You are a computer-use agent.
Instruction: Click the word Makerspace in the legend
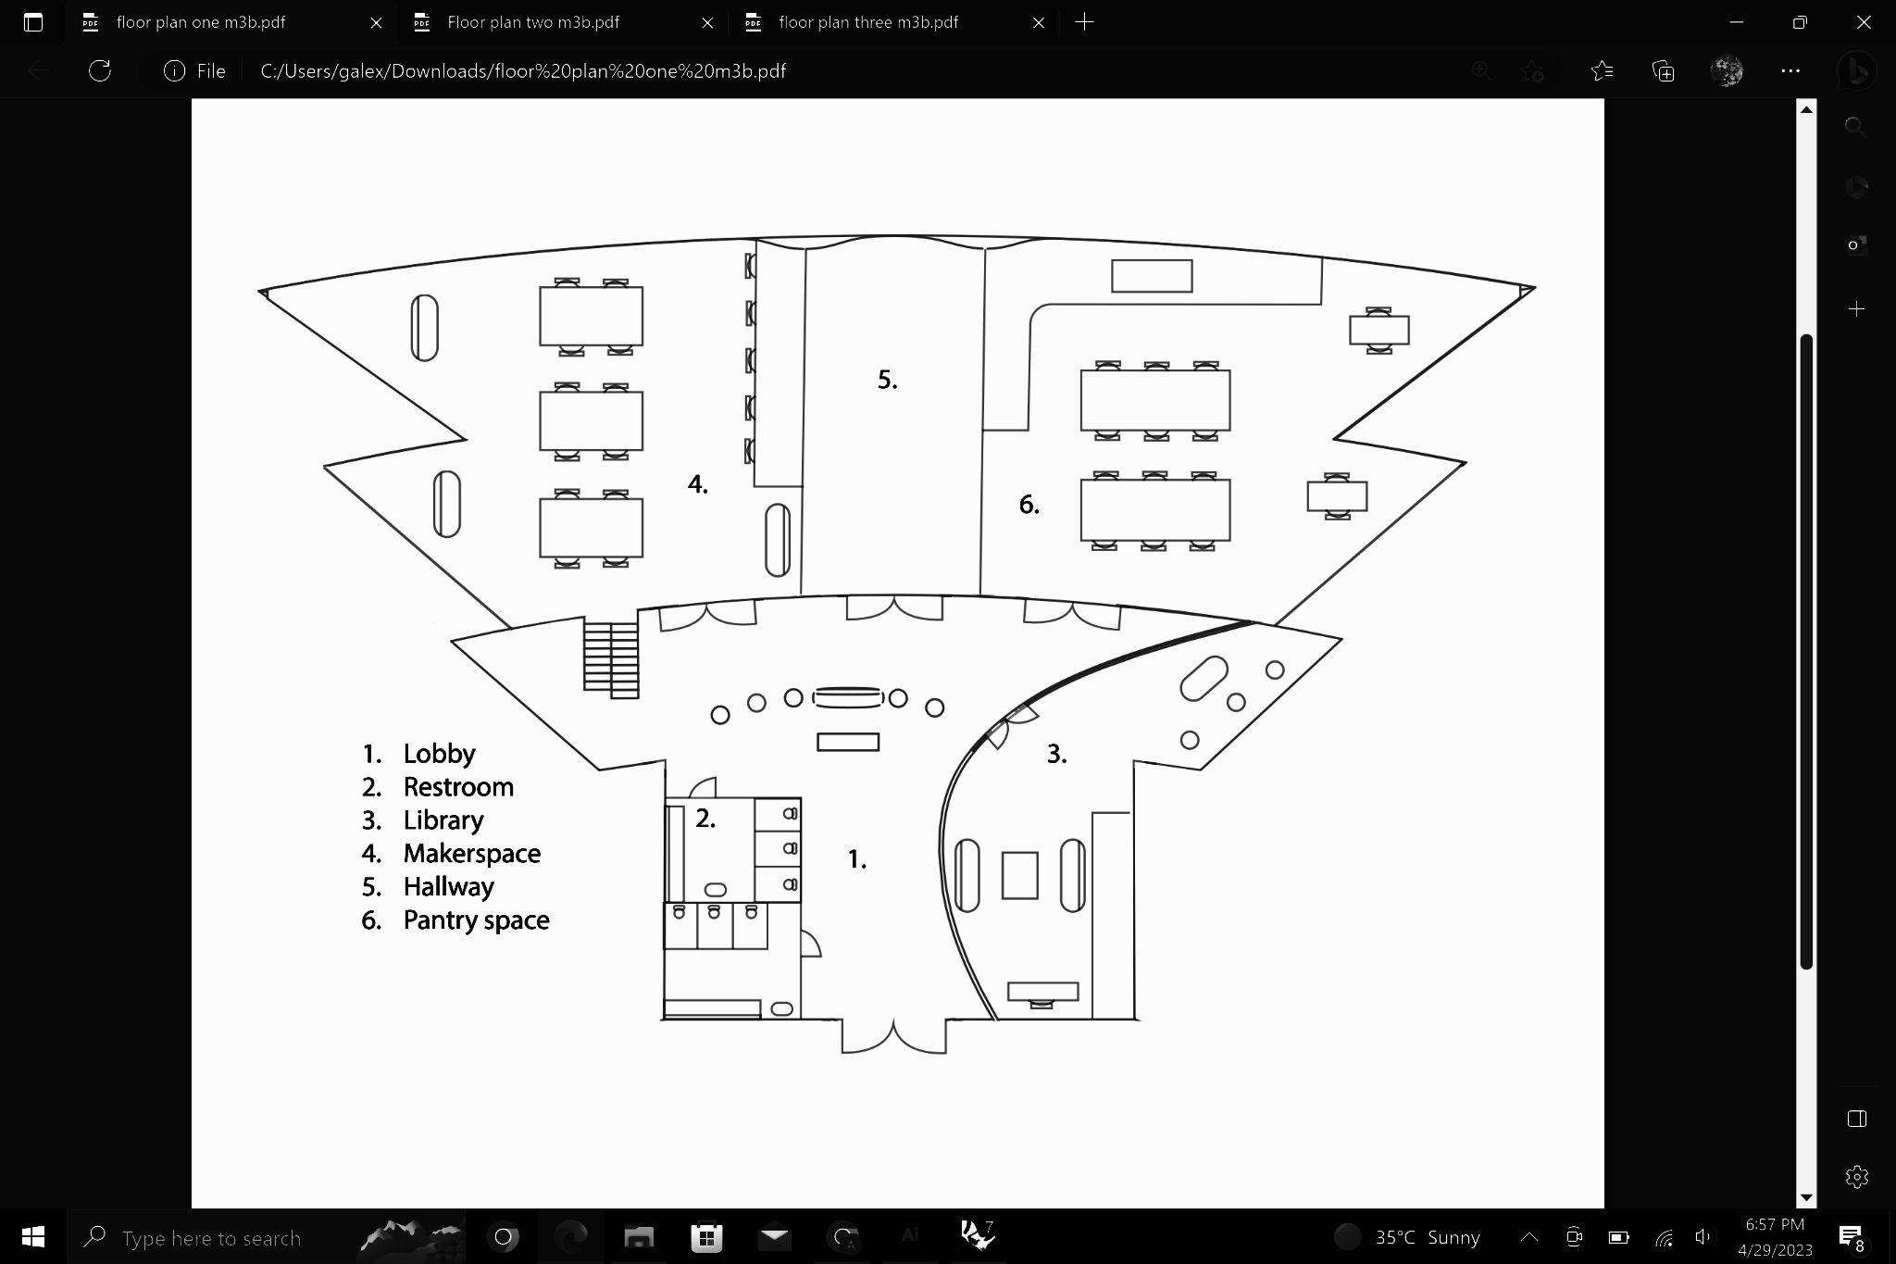471,854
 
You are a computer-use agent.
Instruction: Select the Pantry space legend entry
476,920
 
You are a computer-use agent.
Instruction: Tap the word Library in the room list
443,820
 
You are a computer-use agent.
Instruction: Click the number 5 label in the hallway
887,380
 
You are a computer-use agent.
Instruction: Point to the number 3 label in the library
1056,754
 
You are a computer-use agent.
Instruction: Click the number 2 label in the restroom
705,819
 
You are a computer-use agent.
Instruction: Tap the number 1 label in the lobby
857,860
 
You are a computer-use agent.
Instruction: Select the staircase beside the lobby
611,657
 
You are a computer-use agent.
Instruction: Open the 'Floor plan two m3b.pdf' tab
533,22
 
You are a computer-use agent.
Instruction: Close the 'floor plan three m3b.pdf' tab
1039,23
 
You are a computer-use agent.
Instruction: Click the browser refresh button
100,71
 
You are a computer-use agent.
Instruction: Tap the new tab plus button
1084,22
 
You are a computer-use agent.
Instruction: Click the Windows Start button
33,1237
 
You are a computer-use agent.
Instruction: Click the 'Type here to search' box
211,1238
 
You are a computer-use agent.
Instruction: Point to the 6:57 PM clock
1774,1224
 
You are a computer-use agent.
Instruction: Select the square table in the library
1019,875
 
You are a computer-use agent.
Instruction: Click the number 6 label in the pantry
1029,505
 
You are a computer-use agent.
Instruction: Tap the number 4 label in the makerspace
697,484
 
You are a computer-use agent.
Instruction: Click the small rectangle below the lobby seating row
848,742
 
